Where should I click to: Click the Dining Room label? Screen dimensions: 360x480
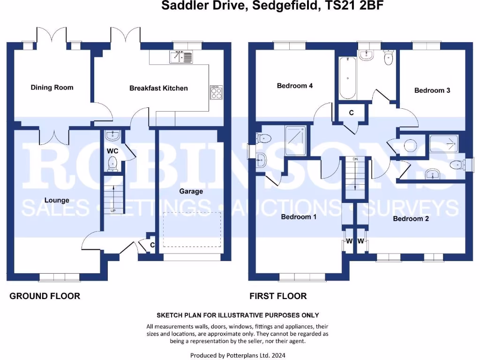coord(52,87)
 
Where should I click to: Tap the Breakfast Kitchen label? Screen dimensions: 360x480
coord(158,88)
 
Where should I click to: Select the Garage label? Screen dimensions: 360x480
coord(191,191)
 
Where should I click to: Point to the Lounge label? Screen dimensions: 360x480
coord(57,200)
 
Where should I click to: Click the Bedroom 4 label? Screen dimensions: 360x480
coord(295,86)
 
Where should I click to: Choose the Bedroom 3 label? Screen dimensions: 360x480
coord(432,90)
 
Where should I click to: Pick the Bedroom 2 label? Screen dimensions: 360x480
coord(411,218)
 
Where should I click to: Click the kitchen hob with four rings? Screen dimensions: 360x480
coord(216,92)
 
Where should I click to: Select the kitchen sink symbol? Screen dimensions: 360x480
coord(180,58)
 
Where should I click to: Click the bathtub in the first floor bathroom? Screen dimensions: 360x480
coord(347,77)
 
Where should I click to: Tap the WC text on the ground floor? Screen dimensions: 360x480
coord(112,151)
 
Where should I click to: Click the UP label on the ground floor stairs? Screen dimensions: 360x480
coord(112,211)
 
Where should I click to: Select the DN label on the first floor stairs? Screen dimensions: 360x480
coord(355,160)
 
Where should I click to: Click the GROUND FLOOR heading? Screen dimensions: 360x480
coord(45,296)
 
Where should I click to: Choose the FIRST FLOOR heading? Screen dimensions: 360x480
coord(278,296)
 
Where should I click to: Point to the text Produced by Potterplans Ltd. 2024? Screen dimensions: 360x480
coord(238,355)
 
